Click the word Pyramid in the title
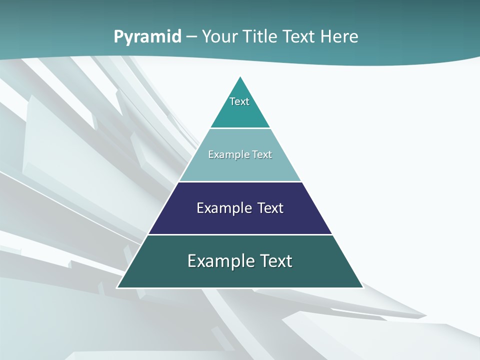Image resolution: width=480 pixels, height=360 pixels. click(x=147, y=37)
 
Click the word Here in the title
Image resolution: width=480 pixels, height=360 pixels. click(x=339, y=36)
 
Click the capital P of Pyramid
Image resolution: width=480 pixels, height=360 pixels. click(x=118, y=36)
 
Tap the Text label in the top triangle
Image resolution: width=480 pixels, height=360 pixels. click(x=239, y=101)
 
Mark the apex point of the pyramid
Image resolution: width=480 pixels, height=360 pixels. click(x=240, y=76)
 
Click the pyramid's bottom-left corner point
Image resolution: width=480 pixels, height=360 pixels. click(x=117, y=287)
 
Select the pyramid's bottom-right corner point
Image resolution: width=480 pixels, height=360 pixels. click(x=363, y=287)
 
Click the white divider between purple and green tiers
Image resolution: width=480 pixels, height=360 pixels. click(x=240, y=234)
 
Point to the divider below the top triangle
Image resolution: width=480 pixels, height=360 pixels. click(x=240, y=128)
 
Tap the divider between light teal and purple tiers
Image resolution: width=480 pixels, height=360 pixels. click(x=240, y=181)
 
